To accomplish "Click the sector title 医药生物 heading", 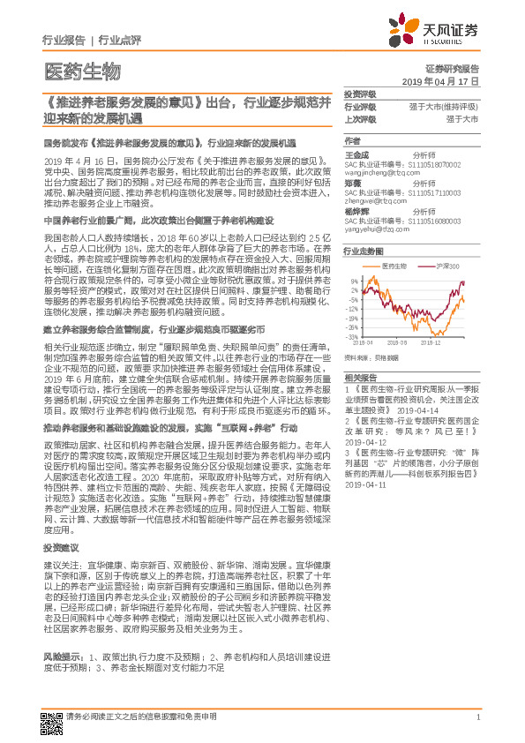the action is (82, 71).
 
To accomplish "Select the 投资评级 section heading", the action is (359, 94).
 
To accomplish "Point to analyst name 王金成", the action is (356, 153).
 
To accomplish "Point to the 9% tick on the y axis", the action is (354, 282).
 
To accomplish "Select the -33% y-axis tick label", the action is (352, 336).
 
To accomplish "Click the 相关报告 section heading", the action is (359, 376).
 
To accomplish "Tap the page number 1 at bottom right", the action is (476, 717).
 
